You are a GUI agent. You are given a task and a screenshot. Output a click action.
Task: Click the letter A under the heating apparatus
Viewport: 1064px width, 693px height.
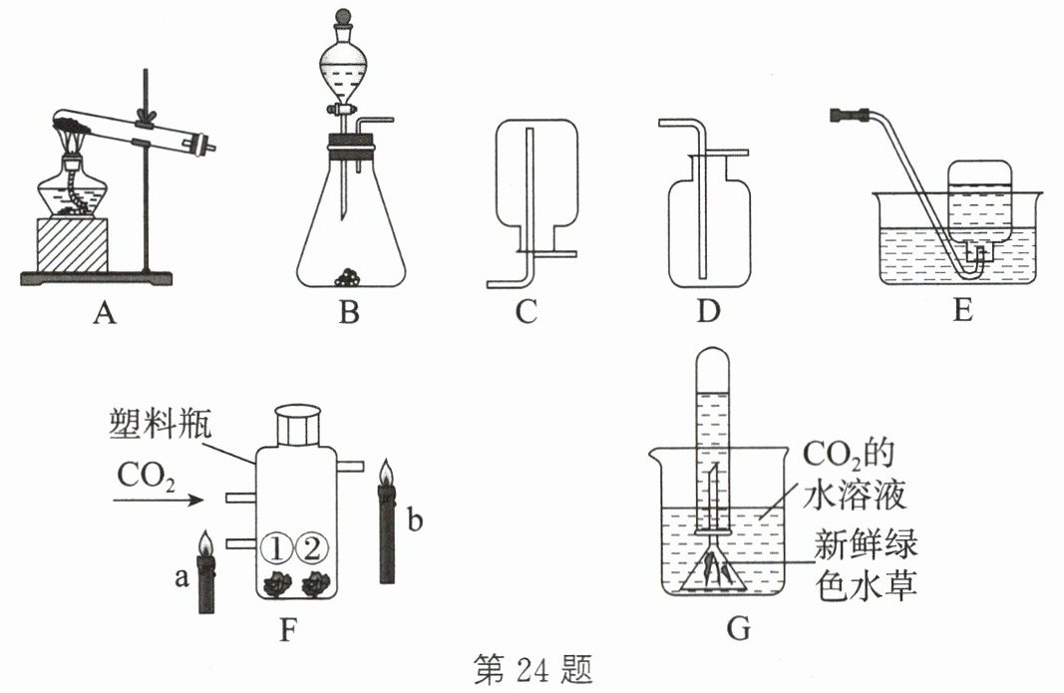click(x=105, y=314)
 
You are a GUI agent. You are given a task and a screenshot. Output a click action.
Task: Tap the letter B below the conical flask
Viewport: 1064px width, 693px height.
click(x=348, y=314)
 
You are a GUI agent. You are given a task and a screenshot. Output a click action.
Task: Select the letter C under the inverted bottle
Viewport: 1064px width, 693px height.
click(x=526, y=314)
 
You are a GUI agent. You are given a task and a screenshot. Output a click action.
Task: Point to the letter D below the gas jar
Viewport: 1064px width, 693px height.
click(x=708, y=314)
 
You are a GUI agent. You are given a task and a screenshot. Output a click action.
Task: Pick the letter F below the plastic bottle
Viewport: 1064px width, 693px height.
click(x=289, y=629)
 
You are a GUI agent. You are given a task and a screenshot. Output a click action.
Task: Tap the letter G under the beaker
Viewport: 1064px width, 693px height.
click(x=739, y=629)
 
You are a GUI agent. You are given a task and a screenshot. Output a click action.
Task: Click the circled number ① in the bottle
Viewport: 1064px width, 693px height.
click(x=275, y=547)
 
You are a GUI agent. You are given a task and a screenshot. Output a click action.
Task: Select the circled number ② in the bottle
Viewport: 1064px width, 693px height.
click(x=312, y=547)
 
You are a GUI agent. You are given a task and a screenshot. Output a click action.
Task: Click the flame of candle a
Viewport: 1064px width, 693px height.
click(x=206, y=544)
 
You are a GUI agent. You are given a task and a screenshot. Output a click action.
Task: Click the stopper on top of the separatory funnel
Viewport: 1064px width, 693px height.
click(x=341, y=17)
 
